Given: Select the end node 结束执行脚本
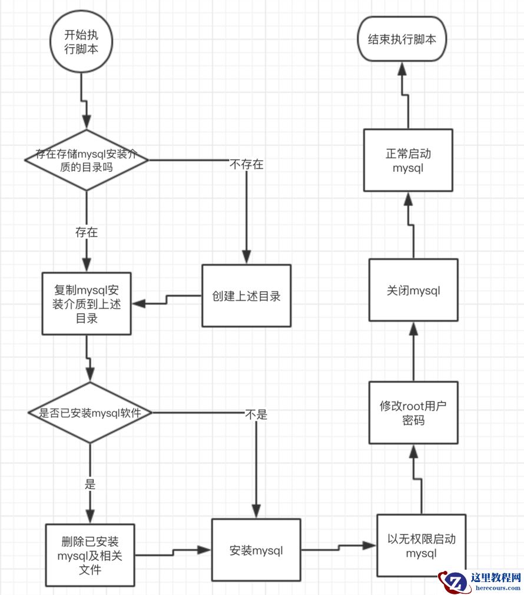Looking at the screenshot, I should click(403, 40).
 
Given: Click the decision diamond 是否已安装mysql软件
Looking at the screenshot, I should click(89, 413).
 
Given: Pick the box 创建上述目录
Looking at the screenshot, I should click(246, 295).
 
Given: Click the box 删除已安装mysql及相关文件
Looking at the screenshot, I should click(89, 554).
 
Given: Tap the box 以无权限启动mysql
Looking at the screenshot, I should click(421, 546).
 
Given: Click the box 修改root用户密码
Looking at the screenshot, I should click(413, 413).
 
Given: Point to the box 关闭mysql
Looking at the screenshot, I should click(413, 290).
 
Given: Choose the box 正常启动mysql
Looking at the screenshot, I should click(408, 161).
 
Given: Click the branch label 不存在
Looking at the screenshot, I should click(246, 164).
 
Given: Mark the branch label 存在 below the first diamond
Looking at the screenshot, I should click(87, 232).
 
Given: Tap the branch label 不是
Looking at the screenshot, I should click(256, 414).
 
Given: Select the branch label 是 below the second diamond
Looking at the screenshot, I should click(90, 485).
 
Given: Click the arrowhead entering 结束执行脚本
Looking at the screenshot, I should click(403, 69).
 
